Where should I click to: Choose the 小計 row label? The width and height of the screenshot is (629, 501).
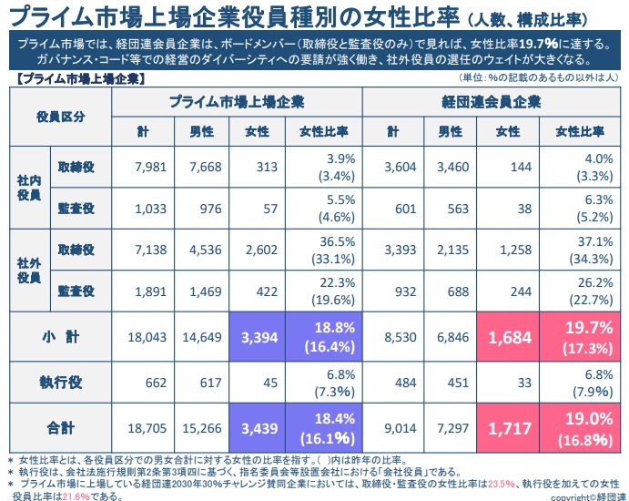click(x=60, y=337)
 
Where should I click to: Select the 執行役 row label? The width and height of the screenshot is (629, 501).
click(x=60, y=382)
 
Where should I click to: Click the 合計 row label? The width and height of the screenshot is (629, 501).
click(x=60, y=425)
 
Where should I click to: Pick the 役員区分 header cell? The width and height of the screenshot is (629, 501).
click(x=60, y=117)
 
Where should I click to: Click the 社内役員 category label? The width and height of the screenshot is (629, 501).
click(x=28, y=188)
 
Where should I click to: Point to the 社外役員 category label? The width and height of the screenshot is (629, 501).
click(x=28, y=270)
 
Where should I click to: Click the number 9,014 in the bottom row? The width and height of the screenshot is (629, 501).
click(x=397, y=425)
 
